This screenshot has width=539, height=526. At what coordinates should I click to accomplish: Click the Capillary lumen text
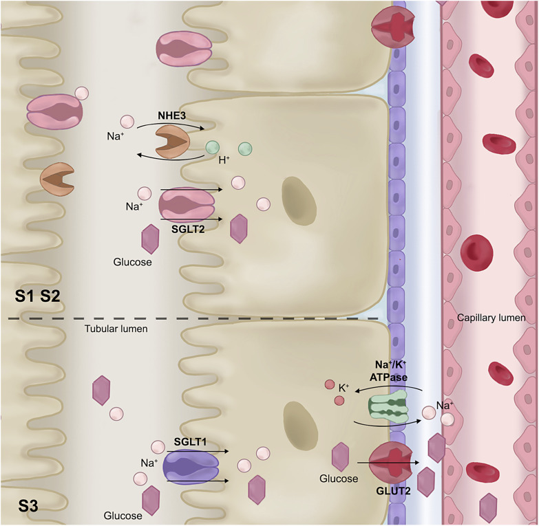point(492,318)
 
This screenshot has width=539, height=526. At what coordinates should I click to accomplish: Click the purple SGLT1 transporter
point(191,467)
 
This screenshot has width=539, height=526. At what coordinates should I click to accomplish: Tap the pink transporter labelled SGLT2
point(187,205)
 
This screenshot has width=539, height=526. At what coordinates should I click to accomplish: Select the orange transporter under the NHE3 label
point(172,142)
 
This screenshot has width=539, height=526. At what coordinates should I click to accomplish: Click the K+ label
point(345,388)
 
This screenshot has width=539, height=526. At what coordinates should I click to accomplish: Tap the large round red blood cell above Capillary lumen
point(477,251)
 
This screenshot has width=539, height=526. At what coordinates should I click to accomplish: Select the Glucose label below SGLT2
point(132,262)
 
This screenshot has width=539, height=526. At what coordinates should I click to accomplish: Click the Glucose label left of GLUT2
point(339,479)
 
